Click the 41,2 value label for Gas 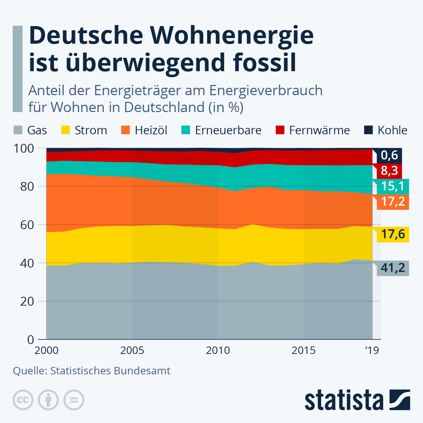coord(392,268)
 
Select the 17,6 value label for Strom coord(392,234)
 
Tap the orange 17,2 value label coord(392,202)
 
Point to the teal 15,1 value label coord(392,186)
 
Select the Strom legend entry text coord(91,130)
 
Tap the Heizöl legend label coord(151,130)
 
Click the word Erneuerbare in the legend coord(228,130)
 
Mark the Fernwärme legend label coord(319,130)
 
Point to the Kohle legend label coord(392,130)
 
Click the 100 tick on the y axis coord(24,148)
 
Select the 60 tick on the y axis coord(27,225)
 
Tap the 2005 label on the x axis coord(132,350)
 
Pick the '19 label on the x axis coord(372,350)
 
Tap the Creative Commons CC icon coord(23,400)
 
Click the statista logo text coord(344,400)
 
